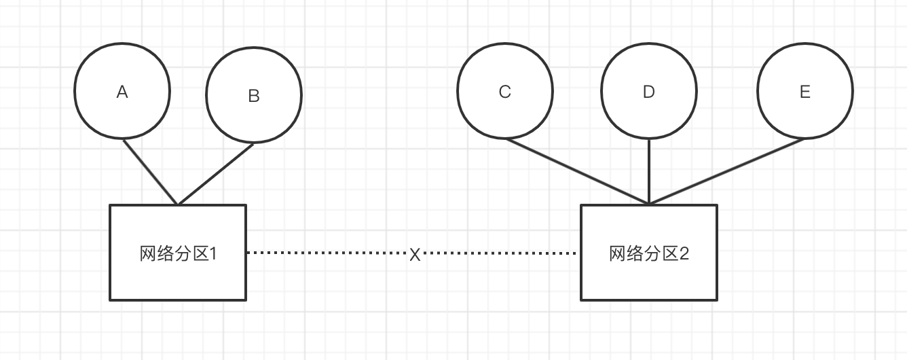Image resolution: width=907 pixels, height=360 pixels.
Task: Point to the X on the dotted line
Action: (x=415, y=255)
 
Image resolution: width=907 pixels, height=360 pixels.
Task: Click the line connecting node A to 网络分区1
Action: (x=150, y=171)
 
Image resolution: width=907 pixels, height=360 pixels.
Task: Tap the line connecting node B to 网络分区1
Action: (x=216, y=173)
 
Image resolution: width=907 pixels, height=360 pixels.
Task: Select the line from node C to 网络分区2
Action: (x=577, y=170)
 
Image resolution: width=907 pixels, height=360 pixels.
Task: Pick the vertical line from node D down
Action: (x=649, y=170)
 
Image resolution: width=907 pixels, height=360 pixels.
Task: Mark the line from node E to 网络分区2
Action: (x=726, y=170)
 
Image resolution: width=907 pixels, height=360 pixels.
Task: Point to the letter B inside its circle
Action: (x=254, y=96)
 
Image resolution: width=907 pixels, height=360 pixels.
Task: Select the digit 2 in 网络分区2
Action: (x=684, y=254)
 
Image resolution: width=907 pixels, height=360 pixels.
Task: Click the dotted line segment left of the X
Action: (x=326, y=253)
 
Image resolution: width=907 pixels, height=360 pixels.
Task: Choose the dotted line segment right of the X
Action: (x=499, y=253)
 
